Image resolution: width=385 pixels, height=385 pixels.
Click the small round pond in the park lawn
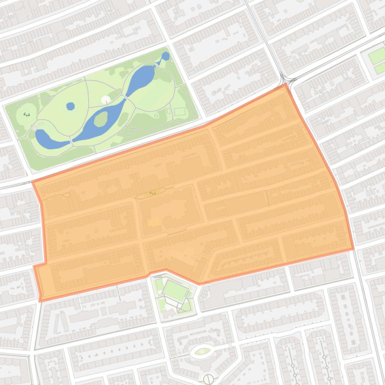coord(70,106)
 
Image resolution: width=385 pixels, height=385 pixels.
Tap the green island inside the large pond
coord(100,119)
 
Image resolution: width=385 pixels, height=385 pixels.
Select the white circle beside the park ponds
coord(105,100)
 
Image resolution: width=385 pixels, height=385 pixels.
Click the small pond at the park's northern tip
coord(165,56)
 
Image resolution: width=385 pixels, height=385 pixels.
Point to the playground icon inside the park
coord(26,114)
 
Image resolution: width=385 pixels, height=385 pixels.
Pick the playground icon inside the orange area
coord(152,192)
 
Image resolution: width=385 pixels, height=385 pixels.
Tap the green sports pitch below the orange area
coord(175,290)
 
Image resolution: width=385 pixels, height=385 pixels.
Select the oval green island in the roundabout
coord(202,351)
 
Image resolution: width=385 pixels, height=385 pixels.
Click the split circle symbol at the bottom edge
coord(208,379)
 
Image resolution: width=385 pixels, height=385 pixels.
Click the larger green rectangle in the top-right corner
coord(377,55)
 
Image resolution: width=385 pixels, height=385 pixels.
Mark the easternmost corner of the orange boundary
coord(353,248)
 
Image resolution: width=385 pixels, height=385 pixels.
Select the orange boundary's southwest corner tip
coord(40,300)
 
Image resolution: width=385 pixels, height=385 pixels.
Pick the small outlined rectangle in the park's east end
coord(179,111)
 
